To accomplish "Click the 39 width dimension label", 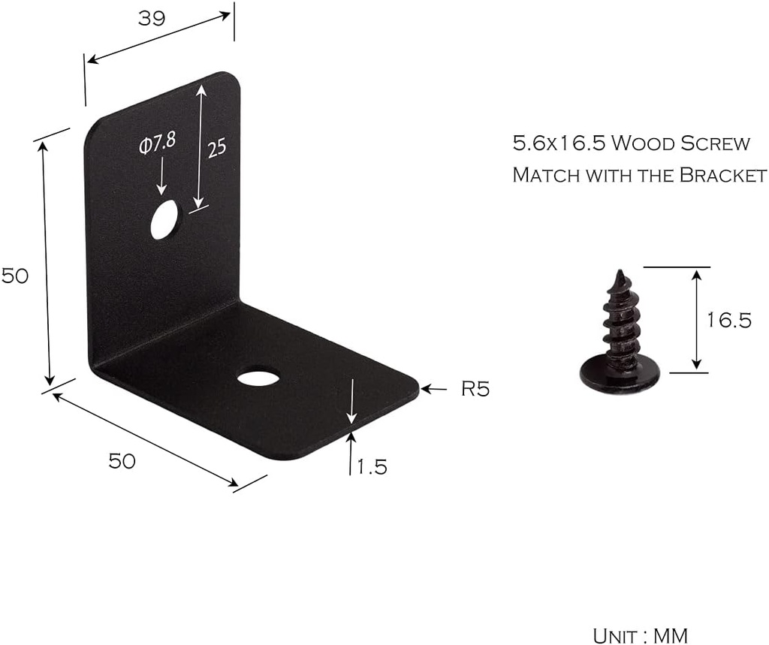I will click(x=151, y=19).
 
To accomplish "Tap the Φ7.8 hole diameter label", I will click(x=157, y=145).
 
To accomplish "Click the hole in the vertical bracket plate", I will click(x=164, y=219).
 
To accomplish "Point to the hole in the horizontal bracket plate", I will click(x=258, y=376).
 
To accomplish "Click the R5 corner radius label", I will click(x=475, y=389).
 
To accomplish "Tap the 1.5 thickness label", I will click(x=372, y=467).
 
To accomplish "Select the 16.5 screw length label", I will click(x=728, y=321).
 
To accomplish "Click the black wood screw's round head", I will click(x=620, y=375).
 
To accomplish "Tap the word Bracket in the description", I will click(x=722, y=175).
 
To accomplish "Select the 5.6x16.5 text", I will click(x=556, y=143).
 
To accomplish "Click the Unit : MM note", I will click(x=640, y=635).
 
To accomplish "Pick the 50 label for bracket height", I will click(x=15, y=276).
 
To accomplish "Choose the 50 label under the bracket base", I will click(x=122, y=461).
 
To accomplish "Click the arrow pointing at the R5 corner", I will click(x=434, y=388).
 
